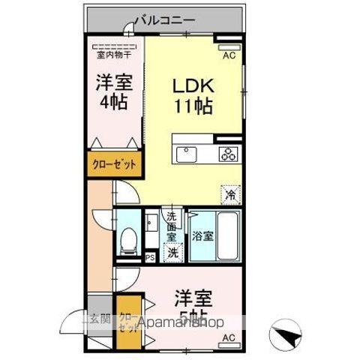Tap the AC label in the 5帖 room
[229, 338]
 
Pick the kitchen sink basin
[186, 154]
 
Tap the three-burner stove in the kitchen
[229, 154]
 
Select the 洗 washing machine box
[172, 253]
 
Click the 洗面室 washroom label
[172, 224]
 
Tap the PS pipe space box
[150, 257]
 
